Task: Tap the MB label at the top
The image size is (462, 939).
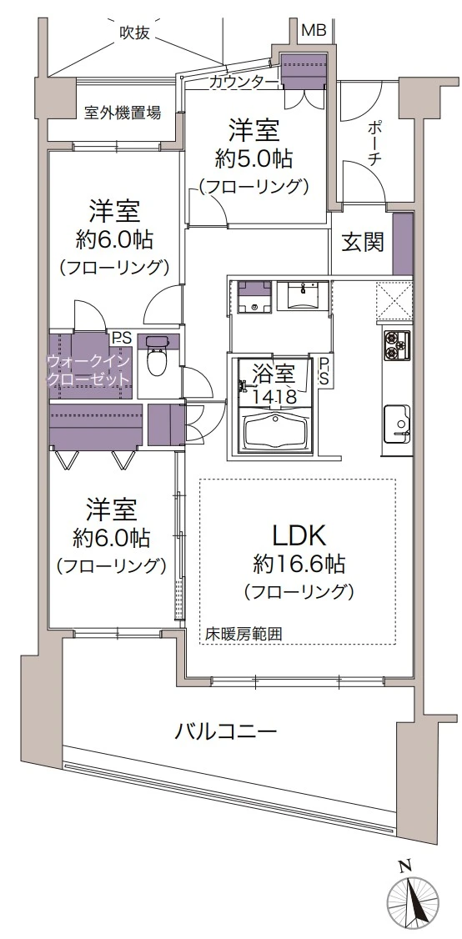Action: point(314,31)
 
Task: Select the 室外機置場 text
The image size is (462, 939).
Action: point(123,113)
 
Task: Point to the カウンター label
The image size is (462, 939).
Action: point(239,81)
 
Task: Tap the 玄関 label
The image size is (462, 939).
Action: point(363,242)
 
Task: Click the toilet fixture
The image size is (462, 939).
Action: point(157,360)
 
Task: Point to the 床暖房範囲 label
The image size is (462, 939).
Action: point(244,634)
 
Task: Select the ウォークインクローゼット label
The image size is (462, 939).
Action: point(88,370)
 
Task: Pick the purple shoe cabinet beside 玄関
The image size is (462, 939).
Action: point(402,244)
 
